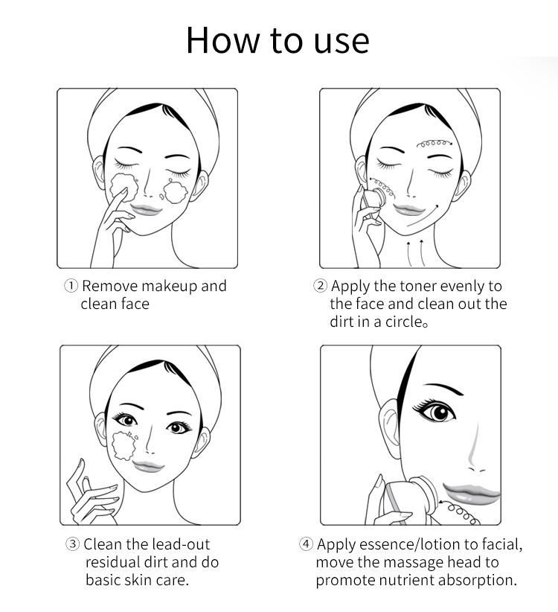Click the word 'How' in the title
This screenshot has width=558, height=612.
click(223, 40)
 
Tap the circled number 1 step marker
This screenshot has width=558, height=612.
click(71, 286)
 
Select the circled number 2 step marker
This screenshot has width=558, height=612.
click(320, 286)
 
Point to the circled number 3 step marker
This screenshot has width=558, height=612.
click(72, 544)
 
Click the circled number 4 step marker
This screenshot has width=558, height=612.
click(306, 544)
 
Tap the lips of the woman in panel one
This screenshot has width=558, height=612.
click(146, 210)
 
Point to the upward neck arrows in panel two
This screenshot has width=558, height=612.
click(414, 253)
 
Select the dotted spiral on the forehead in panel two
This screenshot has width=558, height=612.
click(434, 144)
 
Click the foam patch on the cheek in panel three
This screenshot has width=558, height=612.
click(124, 445)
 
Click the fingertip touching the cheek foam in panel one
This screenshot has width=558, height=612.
click(125, 191)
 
